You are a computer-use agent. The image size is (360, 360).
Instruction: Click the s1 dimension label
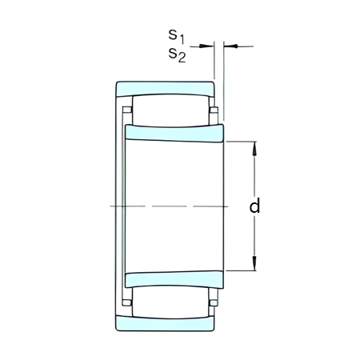coord(176,36)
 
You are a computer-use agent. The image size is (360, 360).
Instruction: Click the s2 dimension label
coord(177,55)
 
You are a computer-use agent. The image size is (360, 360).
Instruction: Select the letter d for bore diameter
coord(254,206)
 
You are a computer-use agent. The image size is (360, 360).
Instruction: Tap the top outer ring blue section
coord(165,88)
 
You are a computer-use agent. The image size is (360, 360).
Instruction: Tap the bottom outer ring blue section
coord(165,323)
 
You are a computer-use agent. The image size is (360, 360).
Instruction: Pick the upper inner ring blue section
coord(174,133)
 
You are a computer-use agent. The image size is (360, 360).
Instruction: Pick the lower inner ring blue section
coord(174,280)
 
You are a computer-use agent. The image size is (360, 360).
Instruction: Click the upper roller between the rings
coord(170,110)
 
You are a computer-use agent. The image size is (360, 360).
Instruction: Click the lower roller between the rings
coord(170,302)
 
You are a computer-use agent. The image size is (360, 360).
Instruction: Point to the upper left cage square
coord(126,110)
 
